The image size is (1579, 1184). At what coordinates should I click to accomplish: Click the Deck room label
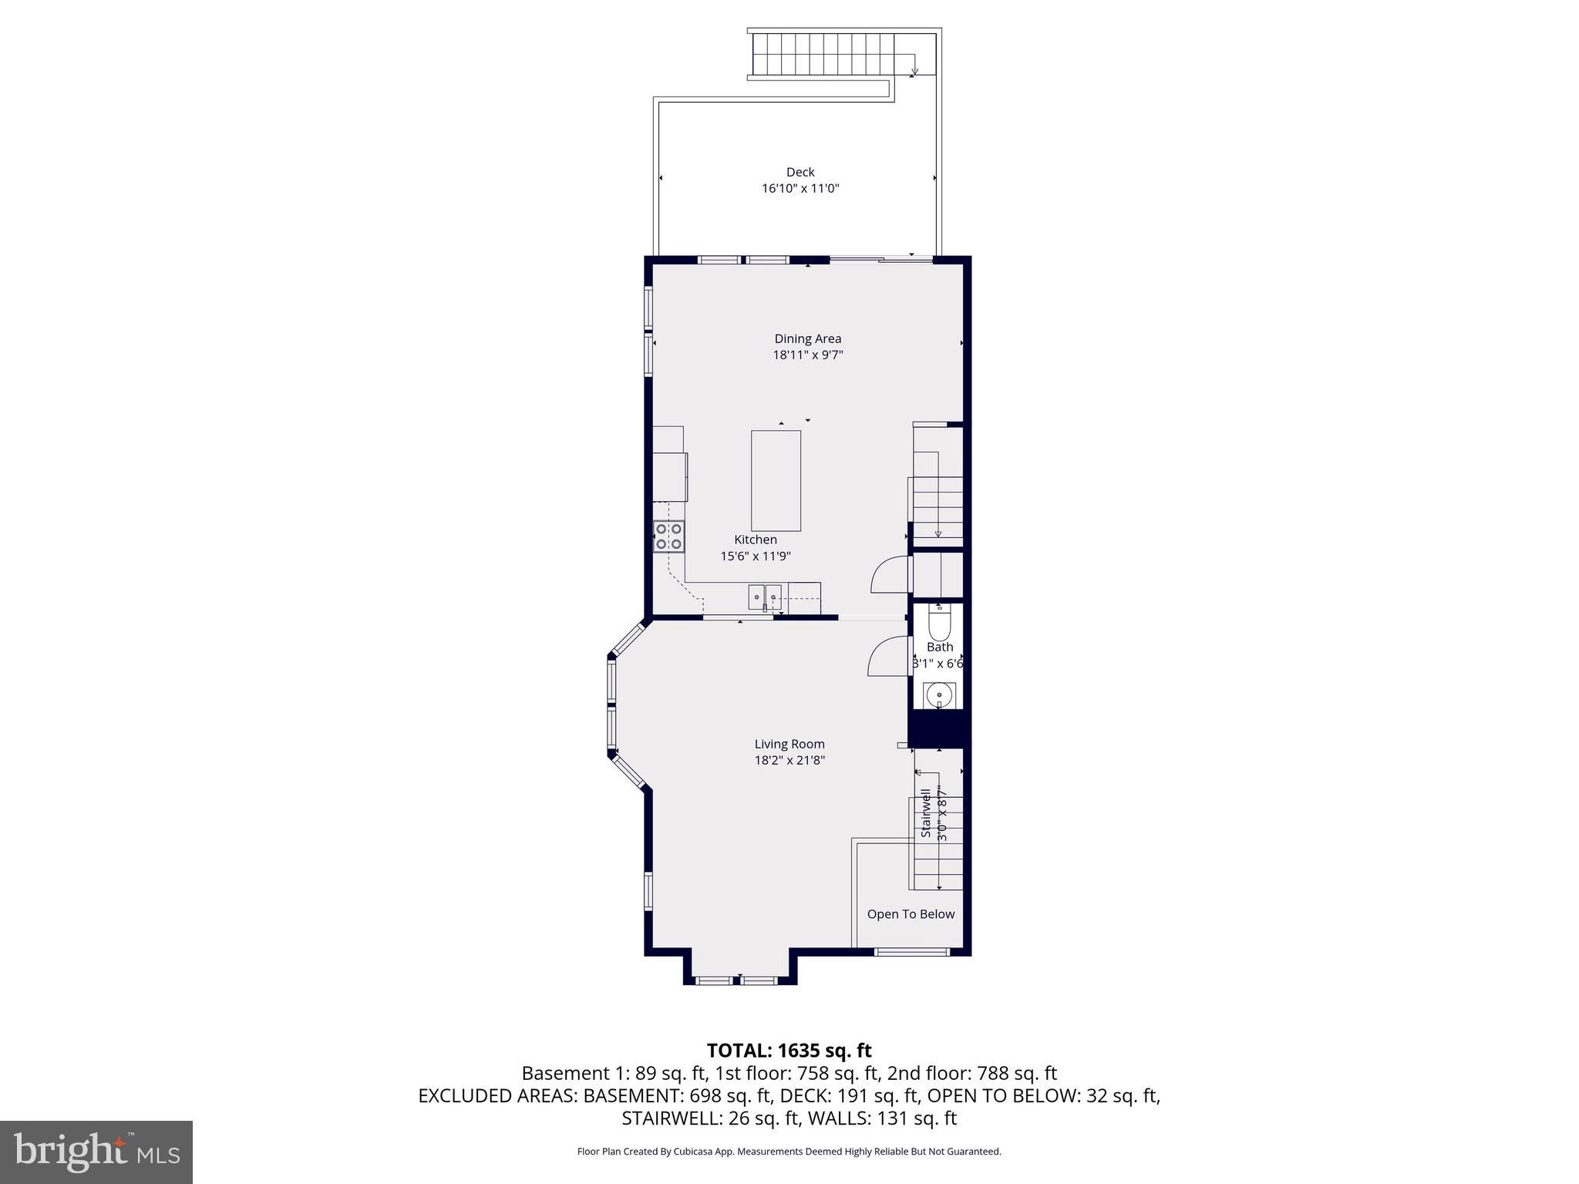[800, 172]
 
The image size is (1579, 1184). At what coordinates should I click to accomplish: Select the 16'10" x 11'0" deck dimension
[800, 188]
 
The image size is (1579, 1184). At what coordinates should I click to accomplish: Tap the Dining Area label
[807, 338]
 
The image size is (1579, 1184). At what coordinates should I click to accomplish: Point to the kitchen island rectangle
[776, 480]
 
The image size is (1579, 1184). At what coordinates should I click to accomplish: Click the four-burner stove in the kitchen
[668, 536]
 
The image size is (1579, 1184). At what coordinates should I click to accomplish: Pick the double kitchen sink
[764, 597]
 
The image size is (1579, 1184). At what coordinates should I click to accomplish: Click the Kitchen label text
[755, 540]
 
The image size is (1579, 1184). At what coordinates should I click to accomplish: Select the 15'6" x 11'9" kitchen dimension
[755, 556]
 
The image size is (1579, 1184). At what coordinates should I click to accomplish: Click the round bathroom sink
[939, 695]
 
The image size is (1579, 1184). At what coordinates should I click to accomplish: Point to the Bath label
[939, 647]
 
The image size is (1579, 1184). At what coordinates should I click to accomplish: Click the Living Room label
[789, 744]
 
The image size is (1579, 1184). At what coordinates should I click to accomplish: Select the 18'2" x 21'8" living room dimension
[789, 760]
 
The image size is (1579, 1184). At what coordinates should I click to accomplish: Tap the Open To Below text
[911, 914]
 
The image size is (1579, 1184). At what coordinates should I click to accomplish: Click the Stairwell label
[926, 811]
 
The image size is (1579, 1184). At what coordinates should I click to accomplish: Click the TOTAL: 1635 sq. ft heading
[789, 1051]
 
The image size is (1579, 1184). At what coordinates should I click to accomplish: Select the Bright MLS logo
[96, 1152]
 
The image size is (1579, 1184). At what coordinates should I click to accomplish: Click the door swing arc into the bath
[887, 655]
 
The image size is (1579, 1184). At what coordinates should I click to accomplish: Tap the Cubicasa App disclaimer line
[789, 1152]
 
